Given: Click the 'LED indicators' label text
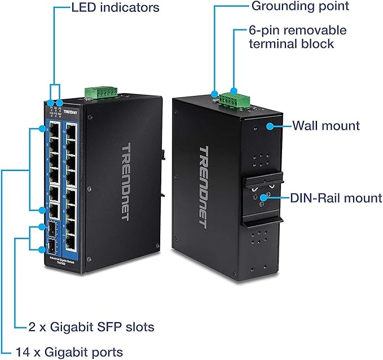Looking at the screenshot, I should [x=115, y=7].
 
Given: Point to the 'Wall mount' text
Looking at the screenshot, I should [x=325, y=125].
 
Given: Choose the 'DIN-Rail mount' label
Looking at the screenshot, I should [x=336, y=198].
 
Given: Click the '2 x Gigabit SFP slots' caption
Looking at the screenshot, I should [x=91, y=327].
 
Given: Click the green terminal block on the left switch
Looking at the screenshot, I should [x=100, y=92].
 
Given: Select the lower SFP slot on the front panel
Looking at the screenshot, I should [x=52, y=248].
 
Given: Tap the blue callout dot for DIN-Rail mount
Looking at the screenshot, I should [x=267, y=197].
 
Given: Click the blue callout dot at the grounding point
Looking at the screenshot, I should [x=214, y=94].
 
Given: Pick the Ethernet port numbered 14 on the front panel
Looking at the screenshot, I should [x=72, y=133].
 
